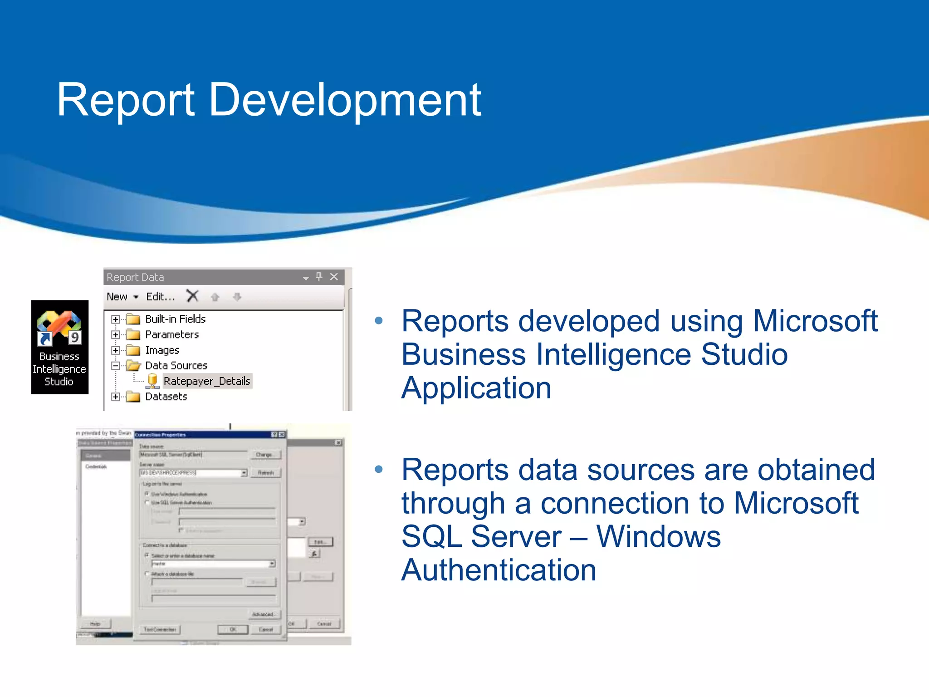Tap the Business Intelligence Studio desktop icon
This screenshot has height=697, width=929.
point(59,347)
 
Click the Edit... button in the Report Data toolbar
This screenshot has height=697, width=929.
point(160,297)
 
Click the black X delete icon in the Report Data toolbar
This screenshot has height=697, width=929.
point(192,296)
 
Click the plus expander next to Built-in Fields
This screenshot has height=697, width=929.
point(116,319)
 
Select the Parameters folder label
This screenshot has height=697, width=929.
point(172,335)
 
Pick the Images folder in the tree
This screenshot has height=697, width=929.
point(162,350)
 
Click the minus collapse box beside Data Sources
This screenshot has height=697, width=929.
point(116,366)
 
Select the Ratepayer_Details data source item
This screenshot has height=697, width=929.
point(206,381)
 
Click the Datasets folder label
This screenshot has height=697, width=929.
point(166,397)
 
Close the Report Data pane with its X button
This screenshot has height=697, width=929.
point(334,277)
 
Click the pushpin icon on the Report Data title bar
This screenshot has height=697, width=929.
point(319,276)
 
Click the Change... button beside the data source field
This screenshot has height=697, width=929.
point(264,455)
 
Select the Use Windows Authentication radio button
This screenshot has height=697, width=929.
point(147,494)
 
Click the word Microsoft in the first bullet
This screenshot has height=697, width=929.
point(815,321)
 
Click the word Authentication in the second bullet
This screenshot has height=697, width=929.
point(499,570)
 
